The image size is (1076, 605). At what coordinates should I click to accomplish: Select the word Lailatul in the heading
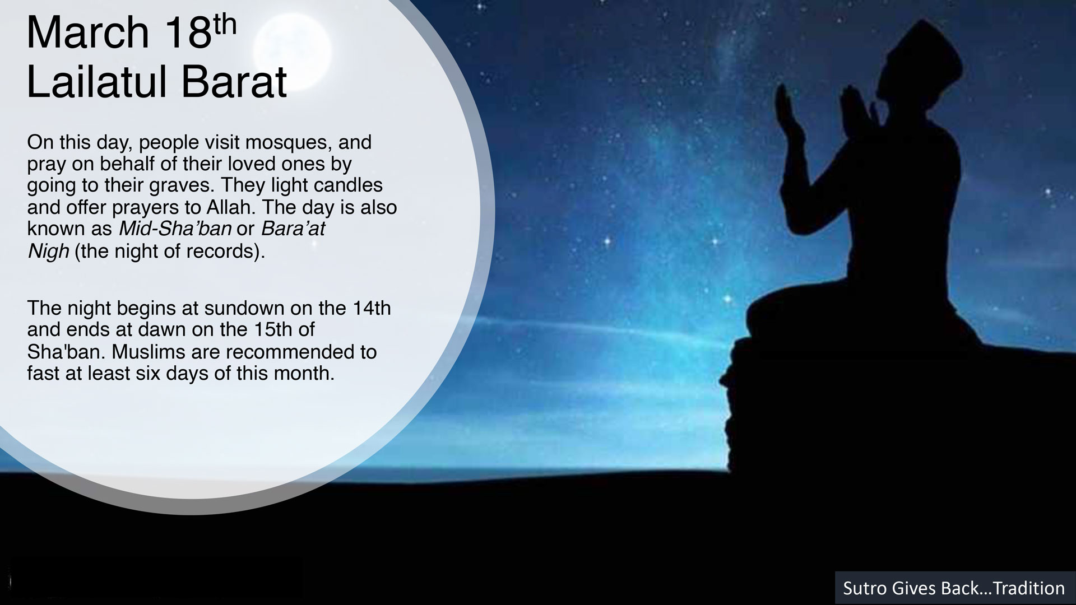(94, 82)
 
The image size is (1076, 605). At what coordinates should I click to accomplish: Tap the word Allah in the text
(231, 207)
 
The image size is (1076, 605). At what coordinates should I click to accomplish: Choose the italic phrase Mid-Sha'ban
(175, 229)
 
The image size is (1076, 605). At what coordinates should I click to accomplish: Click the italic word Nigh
(48, 252)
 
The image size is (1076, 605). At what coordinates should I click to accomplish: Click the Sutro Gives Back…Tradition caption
(954, 588)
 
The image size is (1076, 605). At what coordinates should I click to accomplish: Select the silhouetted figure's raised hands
(824, 109)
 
